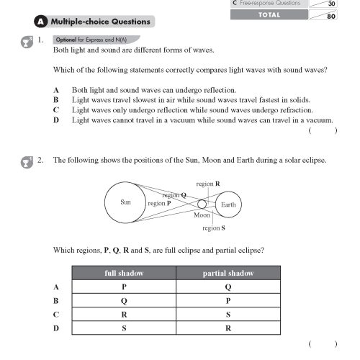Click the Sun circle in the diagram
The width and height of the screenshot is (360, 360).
125,203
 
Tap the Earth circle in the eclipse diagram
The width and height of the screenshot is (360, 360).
228,204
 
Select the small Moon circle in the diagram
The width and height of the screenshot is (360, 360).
202,204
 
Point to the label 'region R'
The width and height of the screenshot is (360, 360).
208,184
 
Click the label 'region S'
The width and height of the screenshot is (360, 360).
213,228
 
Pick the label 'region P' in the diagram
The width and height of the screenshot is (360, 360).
159,204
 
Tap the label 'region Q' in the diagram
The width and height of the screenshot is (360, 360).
174,194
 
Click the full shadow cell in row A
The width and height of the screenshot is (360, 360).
125,287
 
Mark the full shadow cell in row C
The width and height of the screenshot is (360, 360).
125,315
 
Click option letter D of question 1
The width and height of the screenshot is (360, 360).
56,120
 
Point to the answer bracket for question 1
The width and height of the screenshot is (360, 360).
323,131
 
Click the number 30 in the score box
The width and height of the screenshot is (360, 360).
331,4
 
